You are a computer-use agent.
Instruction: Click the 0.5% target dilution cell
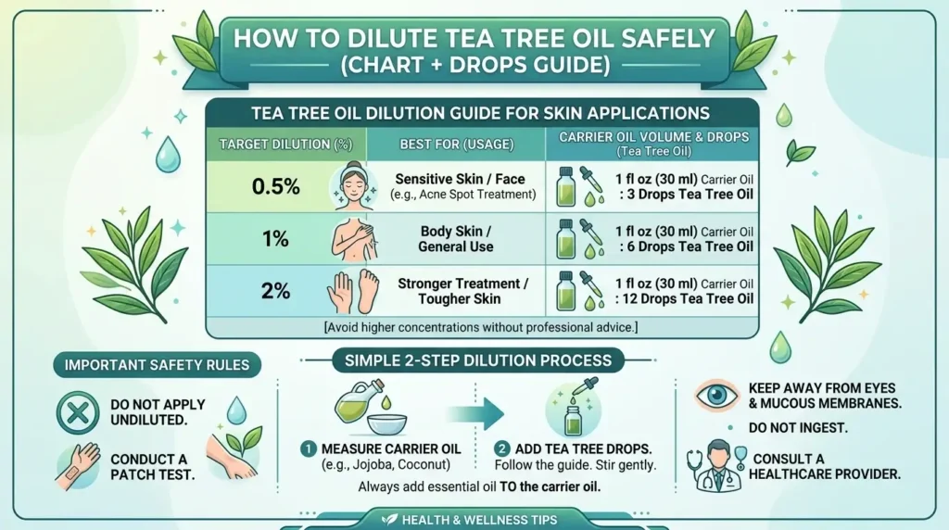(275, 186)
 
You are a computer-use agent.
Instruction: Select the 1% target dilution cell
(275, 239)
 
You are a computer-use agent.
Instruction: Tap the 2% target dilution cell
(275, 291)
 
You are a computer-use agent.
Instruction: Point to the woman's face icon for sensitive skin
(349, 186)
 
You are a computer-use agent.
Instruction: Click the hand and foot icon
(351, 291)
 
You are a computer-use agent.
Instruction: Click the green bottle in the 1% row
(564, 243)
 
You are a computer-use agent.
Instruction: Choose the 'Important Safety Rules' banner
(157, 364)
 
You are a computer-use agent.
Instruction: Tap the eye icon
(715, 396)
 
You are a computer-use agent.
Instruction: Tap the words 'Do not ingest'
(793, 429)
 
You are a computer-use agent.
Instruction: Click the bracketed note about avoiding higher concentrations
(481, 327)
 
